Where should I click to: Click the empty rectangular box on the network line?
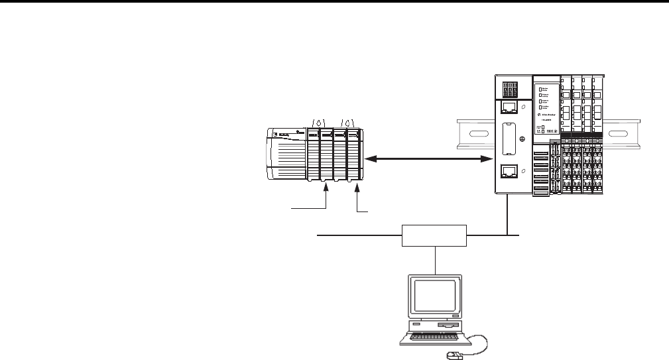(x=434, y=235)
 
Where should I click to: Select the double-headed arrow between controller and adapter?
(x=424, y=159)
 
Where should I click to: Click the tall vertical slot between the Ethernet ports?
(x=508, y=140)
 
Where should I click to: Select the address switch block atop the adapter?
(x=513, y=90)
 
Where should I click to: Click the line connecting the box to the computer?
(x=434, y=259)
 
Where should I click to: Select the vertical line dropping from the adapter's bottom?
(x=507, y=215)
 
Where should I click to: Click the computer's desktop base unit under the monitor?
(x=434, y=325)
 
